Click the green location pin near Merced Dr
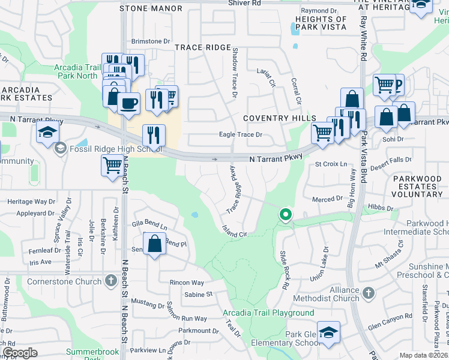286,214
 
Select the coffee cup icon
128,103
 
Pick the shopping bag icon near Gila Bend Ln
155,245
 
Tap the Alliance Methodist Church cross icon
368,292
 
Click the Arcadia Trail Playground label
268,313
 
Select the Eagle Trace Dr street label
241,136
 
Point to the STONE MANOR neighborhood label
151,8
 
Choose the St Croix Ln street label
331,163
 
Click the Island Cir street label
235,231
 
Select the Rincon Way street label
187,283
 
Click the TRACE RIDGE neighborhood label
202,47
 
